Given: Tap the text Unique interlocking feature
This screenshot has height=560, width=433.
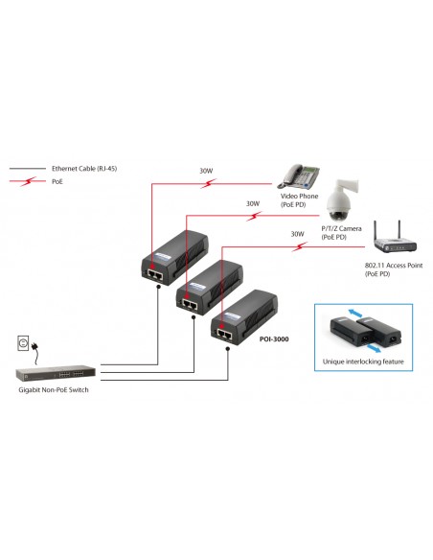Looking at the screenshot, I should coord(364,362).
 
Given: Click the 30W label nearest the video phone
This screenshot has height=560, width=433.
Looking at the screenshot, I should coord(206,172).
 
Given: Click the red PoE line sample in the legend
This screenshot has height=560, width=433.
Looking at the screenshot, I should coord(29,179).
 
